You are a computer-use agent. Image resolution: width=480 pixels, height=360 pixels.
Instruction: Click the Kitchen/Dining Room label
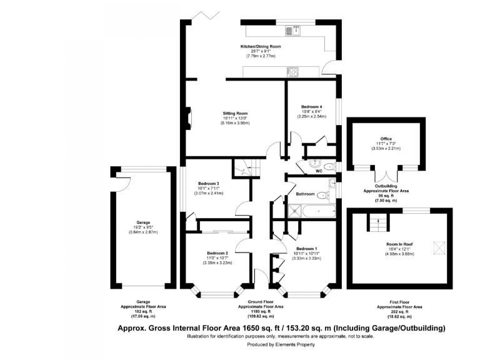pyautogui.click(x=261, y=47)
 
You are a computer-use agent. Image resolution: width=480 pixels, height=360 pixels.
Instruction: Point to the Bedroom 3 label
pyautogui.click(x=208, y=183)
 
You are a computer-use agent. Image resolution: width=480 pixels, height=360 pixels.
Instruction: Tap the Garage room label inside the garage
pyautogui.click(x=143, y=222)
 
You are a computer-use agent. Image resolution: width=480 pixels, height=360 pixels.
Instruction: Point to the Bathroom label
pyautogui.click(x=305, y=194)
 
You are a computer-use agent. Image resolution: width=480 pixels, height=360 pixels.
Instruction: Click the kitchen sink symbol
pyautogui.click(x=293, y=29)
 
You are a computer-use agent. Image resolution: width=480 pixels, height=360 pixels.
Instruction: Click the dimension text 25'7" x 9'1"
pyautogui.click(x=261, y=52)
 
